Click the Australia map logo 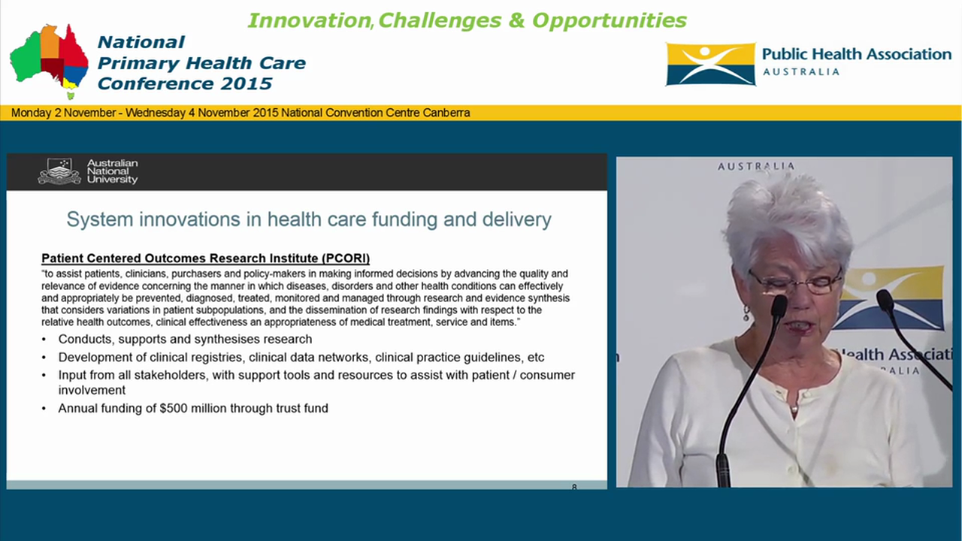[x=49, y=60]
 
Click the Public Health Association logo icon [x=710, y=65]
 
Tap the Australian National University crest [x=59, y=171]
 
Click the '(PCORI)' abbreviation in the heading [x=346, y=258]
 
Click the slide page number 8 [x=574, y=488]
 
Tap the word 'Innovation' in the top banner [x=308, y=20]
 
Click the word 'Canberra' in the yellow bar [x=446, y=113]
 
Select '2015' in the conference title [x=246, y=83]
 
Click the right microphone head [x=885, y=301]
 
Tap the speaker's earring [x=746, y=312]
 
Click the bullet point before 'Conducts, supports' [x=44, y=340]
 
